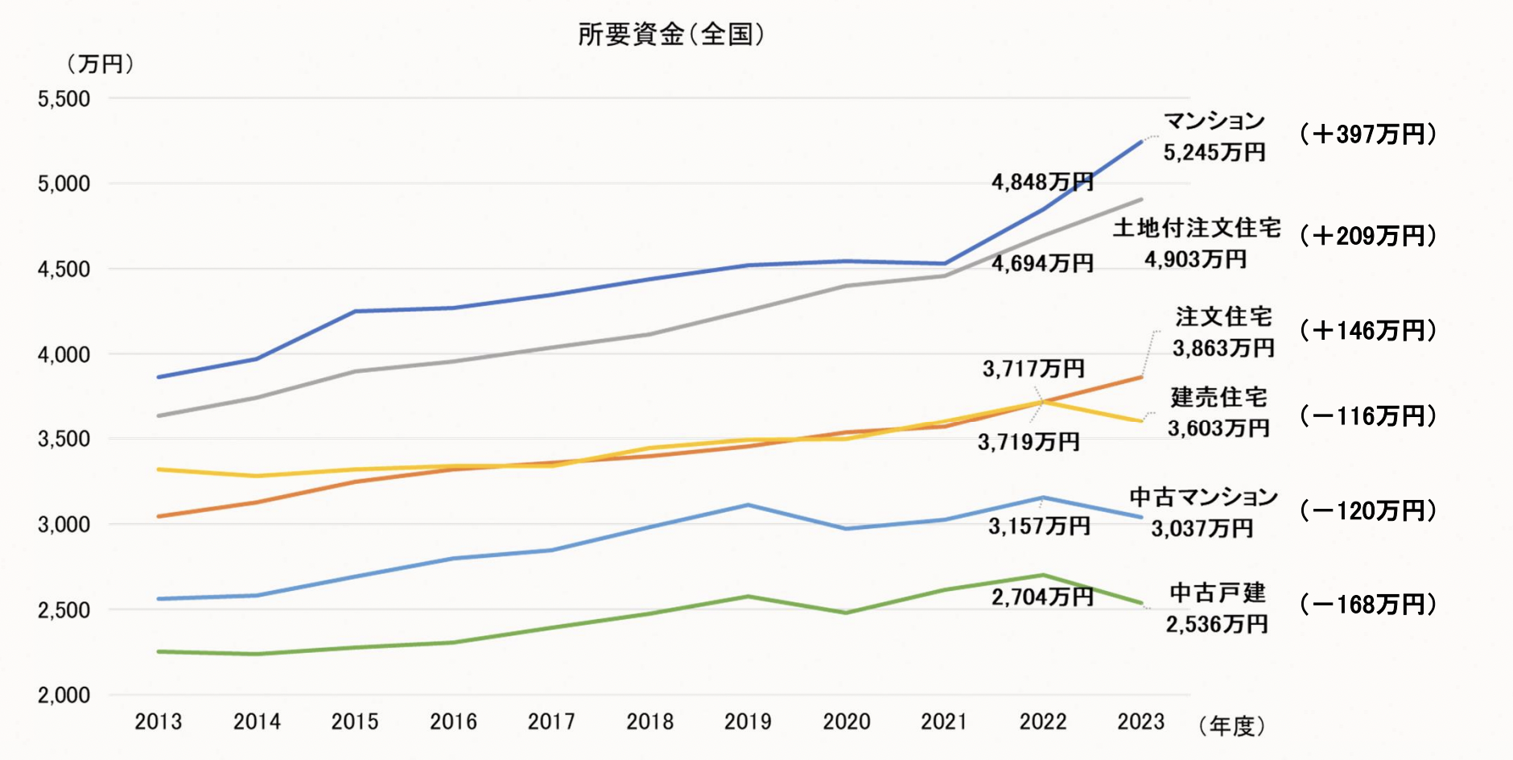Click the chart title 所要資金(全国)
point(670,34)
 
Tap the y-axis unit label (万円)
point(100,64)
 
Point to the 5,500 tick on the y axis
point(64,99)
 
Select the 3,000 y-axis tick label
point(64,524)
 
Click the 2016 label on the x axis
point(453,721)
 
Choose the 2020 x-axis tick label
point(846,721)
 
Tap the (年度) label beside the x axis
point(1231,726)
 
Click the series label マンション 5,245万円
point(1214,136)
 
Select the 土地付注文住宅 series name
point(1197,228)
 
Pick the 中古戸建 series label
point(1218,593)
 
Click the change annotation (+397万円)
point(1368,134)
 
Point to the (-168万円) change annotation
point(1368,604)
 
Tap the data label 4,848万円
point(1042,182)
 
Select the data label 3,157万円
point(1039,526)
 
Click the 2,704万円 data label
point(1042,597)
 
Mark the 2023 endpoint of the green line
point(1141,603)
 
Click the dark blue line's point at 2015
point(355,311)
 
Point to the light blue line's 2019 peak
point(748,505)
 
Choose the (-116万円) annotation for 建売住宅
point(1368,415)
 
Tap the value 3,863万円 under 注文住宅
point(1223,348)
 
